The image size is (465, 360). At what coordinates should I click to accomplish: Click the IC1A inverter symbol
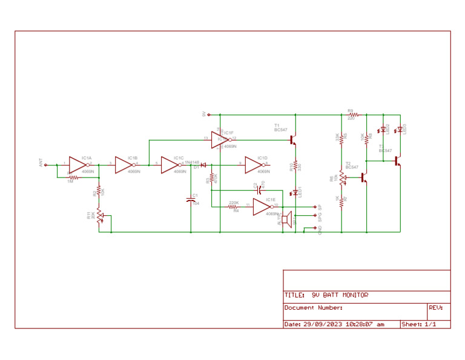coord(77,164)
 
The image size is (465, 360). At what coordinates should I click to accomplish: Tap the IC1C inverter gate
coord(170,164)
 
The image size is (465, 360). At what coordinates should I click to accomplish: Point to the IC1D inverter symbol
coord(254,164)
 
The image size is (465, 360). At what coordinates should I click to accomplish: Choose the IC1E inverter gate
coord(262,207)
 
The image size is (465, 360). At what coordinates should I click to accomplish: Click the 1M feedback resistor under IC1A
coord(73,177)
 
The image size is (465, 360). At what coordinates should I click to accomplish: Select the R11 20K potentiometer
coord(99,216)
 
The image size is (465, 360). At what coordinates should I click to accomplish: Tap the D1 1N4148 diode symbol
coord(203,164)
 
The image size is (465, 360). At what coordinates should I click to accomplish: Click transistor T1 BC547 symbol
coord(293,139)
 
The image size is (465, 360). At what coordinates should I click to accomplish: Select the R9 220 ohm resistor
coord(353,114)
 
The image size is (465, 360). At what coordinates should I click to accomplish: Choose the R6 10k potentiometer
coord(342,178)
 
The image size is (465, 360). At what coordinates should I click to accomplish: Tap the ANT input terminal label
coord(42,164)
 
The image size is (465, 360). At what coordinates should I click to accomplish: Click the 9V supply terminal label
coord(204,114)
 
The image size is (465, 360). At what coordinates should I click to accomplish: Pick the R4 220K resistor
coord(234,207)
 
